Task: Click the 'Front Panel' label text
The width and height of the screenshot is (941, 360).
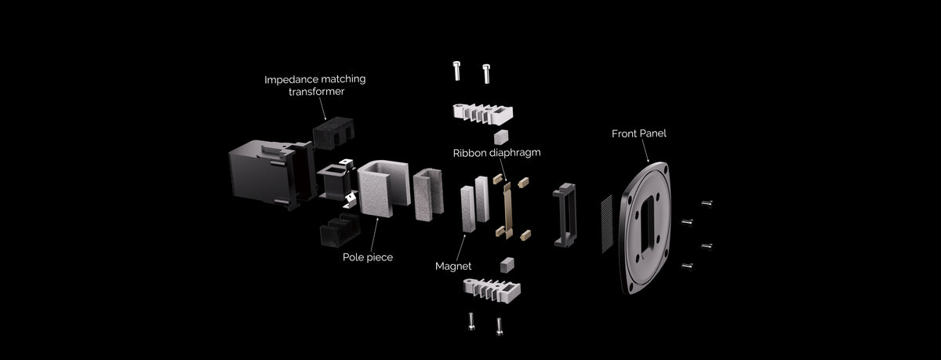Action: click(638, 133)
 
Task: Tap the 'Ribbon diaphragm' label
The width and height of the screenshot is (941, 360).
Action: click(496, 153)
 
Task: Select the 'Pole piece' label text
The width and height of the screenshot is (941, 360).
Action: click(368, 257)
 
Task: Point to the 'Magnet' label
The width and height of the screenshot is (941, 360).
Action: click(453, 266)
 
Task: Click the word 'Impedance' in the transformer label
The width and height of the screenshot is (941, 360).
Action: click(289, 80)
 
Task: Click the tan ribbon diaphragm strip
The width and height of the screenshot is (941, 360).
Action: click(507, 210)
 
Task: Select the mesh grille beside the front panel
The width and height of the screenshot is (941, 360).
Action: click(607, 224)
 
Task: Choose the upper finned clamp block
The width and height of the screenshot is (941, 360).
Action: click(483, 114)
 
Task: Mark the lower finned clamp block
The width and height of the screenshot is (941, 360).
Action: click(492, 290)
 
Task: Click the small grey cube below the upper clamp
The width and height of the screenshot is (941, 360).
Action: click(501, 137)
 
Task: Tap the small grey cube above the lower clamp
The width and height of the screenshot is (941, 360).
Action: click(507, 265)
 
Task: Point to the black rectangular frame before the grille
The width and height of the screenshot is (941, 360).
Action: click(565, 215)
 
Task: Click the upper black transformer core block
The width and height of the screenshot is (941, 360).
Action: click(333, 133)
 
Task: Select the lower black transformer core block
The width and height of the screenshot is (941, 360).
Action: click(340, 231)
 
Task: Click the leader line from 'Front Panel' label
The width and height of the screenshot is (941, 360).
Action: click(645, 151)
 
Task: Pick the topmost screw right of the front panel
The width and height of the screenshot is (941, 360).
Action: click(707, 204)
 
